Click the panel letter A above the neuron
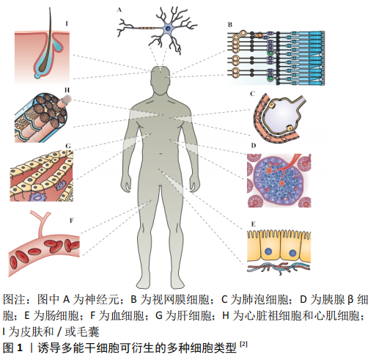(119, 10)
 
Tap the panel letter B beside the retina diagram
(230, 25)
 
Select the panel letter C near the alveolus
(252, 94)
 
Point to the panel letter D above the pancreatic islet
(254, 146)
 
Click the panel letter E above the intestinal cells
(254, 224)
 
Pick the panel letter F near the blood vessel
(71, 221)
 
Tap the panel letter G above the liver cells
(68, 146)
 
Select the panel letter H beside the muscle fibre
(67, 90)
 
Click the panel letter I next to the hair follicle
(67, 23)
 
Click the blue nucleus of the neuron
(169, 29)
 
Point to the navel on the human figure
(161, 154)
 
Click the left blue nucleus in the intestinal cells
(268, 251)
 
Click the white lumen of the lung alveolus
(284, 115)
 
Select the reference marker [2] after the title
(243, 344)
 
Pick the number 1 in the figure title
(20, 348)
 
